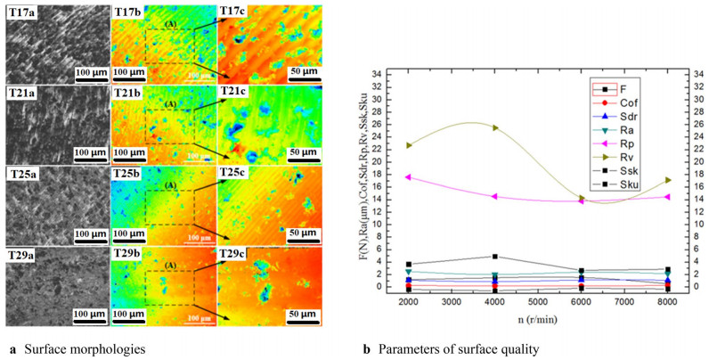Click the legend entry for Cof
click(x=622, y=102)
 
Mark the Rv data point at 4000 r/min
click(x=494, y=127)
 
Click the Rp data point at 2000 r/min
click(x=408, y=177)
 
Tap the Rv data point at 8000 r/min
click(x=667, y=181)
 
